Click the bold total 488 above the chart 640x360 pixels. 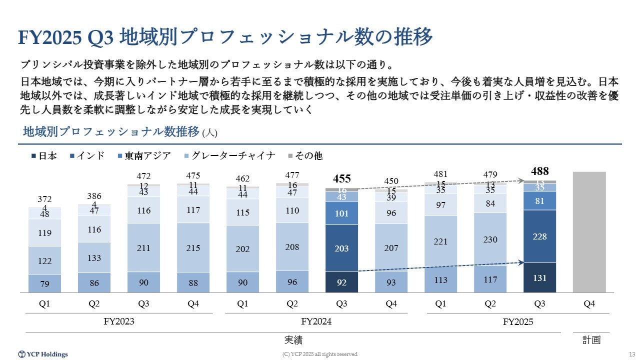click(539, 171)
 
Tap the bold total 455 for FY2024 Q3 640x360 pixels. click(342, 179)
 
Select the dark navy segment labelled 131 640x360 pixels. click(539, 277)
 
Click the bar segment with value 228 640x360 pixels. click(539, 236)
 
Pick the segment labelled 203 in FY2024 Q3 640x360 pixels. click(342, 248)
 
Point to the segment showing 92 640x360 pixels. click(342, 282)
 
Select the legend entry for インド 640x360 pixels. click(90, 156)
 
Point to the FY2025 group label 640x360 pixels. click(518, 322)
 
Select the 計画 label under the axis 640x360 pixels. click(591, 340)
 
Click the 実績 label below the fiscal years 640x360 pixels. click(293, 340)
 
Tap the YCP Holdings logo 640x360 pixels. click(43, 354)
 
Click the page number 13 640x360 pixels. click(631, 354)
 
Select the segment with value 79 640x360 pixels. click(44, 283)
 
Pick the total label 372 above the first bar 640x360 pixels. click(44, 199)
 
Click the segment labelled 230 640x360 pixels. click(490, 239)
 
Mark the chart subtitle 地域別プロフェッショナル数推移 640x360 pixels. click(111, 132)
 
